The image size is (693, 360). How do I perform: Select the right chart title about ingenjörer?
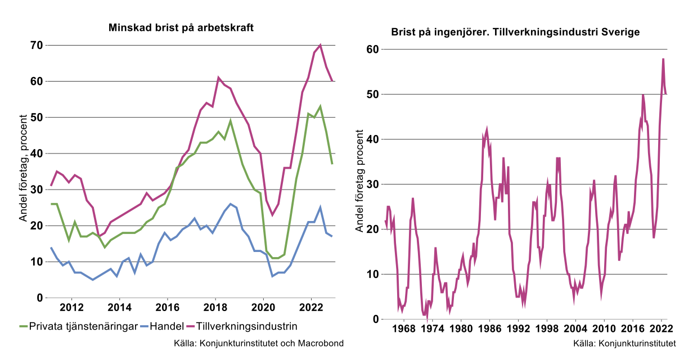515,32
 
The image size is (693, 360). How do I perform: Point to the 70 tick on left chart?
36,45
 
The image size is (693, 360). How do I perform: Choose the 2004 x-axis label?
575,329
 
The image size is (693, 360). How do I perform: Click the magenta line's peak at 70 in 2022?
320,45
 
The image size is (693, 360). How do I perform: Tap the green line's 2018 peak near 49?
230,121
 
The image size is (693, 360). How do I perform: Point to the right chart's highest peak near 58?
663,58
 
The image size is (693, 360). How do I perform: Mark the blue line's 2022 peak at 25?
320,207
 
